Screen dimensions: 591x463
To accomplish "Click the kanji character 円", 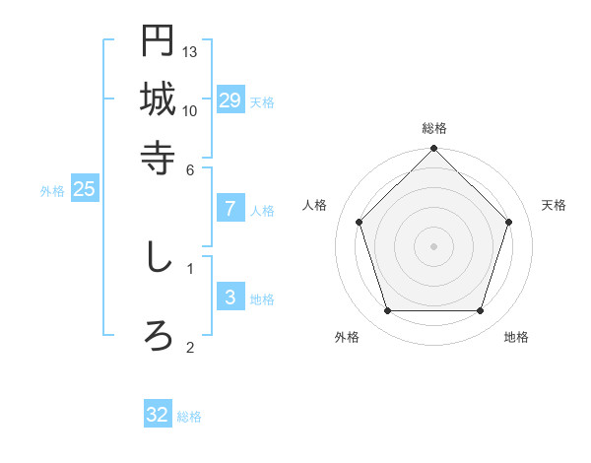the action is point(158,41).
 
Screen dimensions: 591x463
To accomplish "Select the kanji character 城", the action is point(158,99).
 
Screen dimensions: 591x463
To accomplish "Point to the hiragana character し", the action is point(158,257).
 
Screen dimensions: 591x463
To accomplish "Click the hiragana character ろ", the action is point(158,336).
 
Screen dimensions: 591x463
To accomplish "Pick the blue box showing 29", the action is point(230,100).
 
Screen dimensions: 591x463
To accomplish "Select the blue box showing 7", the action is point(230,209).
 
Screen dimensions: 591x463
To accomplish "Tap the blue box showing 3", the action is point(230,298).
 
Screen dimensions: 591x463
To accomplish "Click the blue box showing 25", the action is point(85,190).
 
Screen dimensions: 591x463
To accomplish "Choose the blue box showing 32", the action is point(158,415).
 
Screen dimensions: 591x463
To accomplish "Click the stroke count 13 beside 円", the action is point(190,51).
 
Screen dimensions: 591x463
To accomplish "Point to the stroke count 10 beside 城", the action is point(190,110).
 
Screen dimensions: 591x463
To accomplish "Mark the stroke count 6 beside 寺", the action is point(191,168).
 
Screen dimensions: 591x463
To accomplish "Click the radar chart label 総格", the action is point(434,128).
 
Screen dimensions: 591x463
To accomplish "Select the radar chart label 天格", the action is point(555,205).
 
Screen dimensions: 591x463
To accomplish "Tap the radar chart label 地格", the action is point(516,337).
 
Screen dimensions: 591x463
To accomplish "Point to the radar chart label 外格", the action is point(347,337).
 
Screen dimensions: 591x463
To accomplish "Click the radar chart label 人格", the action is point(314,205).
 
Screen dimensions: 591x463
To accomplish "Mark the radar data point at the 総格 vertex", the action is point(434,150).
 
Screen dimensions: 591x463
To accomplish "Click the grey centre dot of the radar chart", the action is point(434,245).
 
